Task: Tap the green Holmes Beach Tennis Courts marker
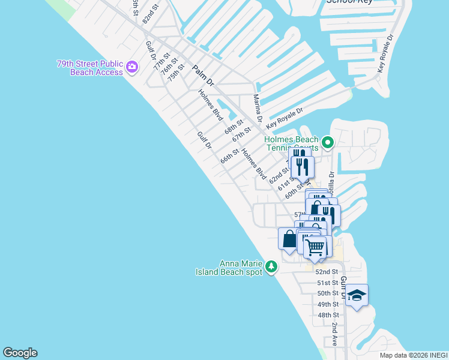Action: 327,143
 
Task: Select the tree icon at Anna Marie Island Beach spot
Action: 271,266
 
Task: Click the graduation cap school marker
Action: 357,295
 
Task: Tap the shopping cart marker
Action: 315,246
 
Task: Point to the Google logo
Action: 20,353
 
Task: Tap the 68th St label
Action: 234,128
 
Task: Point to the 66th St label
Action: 229,157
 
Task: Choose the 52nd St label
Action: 327,272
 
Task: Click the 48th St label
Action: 328,315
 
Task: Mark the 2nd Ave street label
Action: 334,335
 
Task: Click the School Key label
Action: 349,2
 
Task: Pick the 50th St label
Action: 328,293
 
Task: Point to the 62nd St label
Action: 279,175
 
